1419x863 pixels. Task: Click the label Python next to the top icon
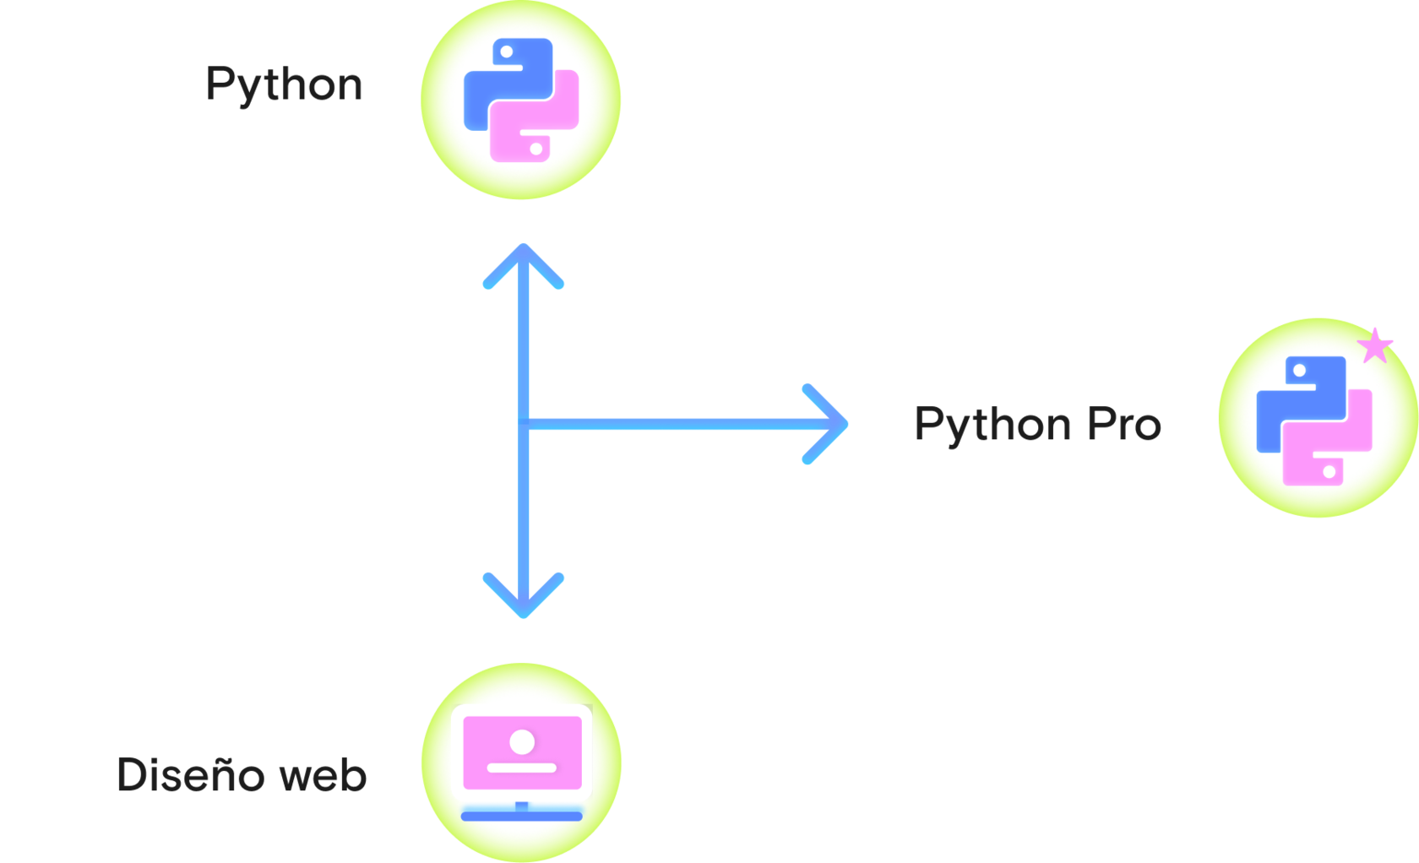[284, 85]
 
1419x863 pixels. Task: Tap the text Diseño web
[242, 775]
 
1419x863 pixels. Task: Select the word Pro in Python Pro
[1124, 424]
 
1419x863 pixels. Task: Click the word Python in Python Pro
[993, 425]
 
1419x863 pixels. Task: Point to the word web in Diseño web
[323, 775]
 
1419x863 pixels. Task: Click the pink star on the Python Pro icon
[1375, 345]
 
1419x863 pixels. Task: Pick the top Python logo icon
[521, 100]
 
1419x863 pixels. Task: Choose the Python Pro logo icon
[1315, 419]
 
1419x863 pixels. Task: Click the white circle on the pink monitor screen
[522, 742]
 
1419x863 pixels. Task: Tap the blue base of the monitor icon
[521, 816]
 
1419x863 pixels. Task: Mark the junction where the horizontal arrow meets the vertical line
[525, 424]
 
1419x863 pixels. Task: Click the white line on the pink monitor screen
[522, 768]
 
